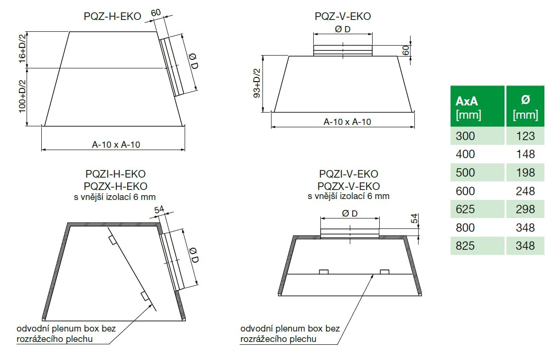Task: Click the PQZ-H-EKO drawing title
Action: [x=112, y=17]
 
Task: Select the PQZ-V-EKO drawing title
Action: [x=343, y=17]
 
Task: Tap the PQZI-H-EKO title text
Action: [x=112, y=174]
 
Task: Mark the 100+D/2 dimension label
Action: [x=22, y=97]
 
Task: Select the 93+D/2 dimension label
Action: [x=257, y=84]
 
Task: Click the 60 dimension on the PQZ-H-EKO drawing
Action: [x=156, y=12]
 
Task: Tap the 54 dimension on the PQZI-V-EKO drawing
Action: [x=414, y=219]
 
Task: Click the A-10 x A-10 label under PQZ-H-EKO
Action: [x=116, y=145]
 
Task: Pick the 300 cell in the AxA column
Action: [x=465, y=136]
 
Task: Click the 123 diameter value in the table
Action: [x=525, y=136]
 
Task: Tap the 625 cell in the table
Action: [x=465, y=209]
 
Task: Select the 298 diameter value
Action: [x=525, y=209]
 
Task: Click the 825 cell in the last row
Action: [x=465, y=246]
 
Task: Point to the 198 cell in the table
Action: [x=525, y=172]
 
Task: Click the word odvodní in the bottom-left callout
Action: [x=33, y=329]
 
